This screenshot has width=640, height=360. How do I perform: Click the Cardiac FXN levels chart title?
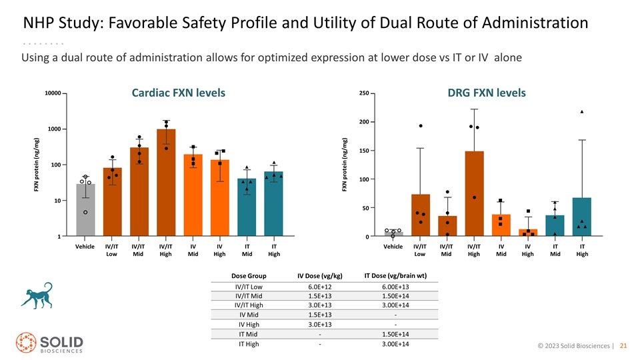(x=179, y=93)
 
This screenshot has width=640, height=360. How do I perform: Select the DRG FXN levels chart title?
(x=487, y=93)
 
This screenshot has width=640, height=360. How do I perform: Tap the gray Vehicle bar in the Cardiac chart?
(x=85, y=210)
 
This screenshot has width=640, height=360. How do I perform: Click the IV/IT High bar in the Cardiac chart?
(x=166, y=183)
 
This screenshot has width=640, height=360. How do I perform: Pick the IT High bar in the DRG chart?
(x=581, y=217)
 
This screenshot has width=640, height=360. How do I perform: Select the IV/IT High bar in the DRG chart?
(x=474, y=193)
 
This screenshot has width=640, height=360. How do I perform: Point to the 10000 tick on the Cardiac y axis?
(x=53, y=93)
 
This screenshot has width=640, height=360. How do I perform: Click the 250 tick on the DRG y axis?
(x=364, y=93)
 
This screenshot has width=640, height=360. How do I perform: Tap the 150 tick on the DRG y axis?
(x=364, y=151)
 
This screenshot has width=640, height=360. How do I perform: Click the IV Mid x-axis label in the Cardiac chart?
(x=193, y=250)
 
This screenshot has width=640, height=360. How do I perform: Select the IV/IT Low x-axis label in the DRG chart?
(x=419, y=250)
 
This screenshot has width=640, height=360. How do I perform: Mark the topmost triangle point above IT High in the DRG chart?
(x=581, y=111)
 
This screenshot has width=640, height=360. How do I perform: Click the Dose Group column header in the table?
(x=249, y=276)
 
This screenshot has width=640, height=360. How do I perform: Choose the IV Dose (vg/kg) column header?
(x=319, y=276)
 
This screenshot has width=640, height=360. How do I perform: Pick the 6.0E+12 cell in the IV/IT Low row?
(x=319, y=287)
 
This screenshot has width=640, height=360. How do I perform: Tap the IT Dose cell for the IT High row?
(x=395, y=344)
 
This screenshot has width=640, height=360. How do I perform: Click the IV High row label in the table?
(x=249, y=325)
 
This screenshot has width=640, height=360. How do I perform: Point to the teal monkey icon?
(x=37, y=295)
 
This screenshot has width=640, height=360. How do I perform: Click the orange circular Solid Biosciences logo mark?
(x=26, y=343)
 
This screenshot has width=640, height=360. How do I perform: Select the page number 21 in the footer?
(x=623, y=346)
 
